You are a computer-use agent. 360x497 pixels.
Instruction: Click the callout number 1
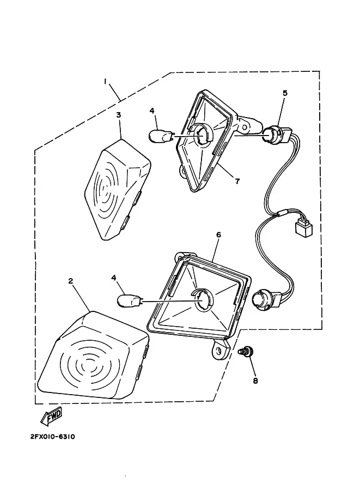point(105,82)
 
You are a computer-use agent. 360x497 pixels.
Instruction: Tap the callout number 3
point(118,115)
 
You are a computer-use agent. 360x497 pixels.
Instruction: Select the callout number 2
point(70,281)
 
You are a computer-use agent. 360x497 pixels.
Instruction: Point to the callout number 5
point(285,93)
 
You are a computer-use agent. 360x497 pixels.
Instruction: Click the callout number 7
point(237,181)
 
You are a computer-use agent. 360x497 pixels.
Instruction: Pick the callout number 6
point(218,235)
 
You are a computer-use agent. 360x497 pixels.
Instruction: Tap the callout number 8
point(255,381)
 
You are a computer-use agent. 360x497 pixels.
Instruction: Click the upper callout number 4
point(152,111)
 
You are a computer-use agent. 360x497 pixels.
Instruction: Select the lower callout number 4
point(114,278)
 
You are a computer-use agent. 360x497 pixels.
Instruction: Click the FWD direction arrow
point(51,417)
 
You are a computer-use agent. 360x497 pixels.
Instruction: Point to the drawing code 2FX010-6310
point(53,437)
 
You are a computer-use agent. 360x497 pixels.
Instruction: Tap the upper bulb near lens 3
point(161,136)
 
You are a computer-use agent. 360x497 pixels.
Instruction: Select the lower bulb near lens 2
point(130,300)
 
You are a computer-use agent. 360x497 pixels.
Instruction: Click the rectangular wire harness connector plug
point(303,226)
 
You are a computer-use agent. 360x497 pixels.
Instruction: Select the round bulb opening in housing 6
point(203,299)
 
